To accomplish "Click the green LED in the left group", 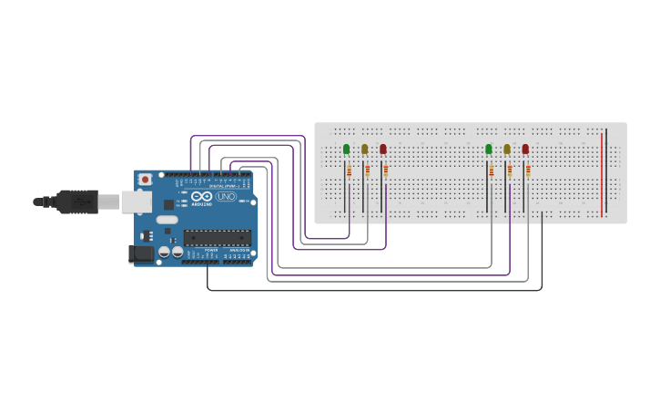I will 346,149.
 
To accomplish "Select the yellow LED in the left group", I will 364,149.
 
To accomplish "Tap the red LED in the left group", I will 382,149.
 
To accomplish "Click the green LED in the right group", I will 488,149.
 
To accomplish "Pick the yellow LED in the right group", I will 507,149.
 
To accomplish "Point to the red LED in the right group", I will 525,149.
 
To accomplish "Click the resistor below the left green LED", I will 349,170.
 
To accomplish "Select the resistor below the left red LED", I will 385,170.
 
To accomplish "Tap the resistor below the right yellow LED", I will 510,170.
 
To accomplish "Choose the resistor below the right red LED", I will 528,170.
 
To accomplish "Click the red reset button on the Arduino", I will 143,180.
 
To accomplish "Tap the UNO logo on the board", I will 225,196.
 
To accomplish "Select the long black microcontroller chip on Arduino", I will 217,238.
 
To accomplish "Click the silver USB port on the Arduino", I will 137,201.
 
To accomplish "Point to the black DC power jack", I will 140,253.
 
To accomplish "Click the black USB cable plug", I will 76,201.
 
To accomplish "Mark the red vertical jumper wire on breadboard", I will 602,173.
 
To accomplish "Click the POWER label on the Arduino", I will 211,250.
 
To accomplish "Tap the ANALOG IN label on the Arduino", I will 239,250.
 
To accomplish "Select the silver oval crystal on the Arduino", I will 167,220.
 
